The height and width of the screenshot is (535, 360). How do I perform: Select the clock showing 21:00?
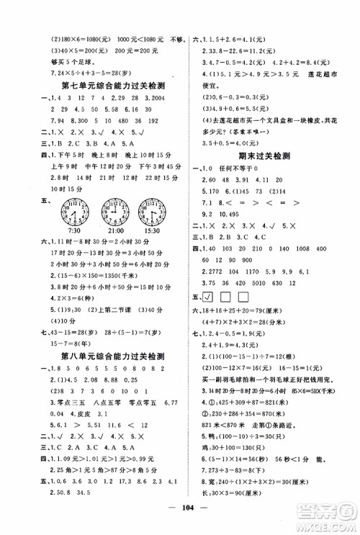(114, 210)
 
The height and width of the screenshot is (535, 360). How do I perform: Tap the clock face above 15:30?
(155, 210)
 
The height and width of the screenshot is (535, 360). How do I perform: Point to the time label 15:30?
(154, 230)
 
